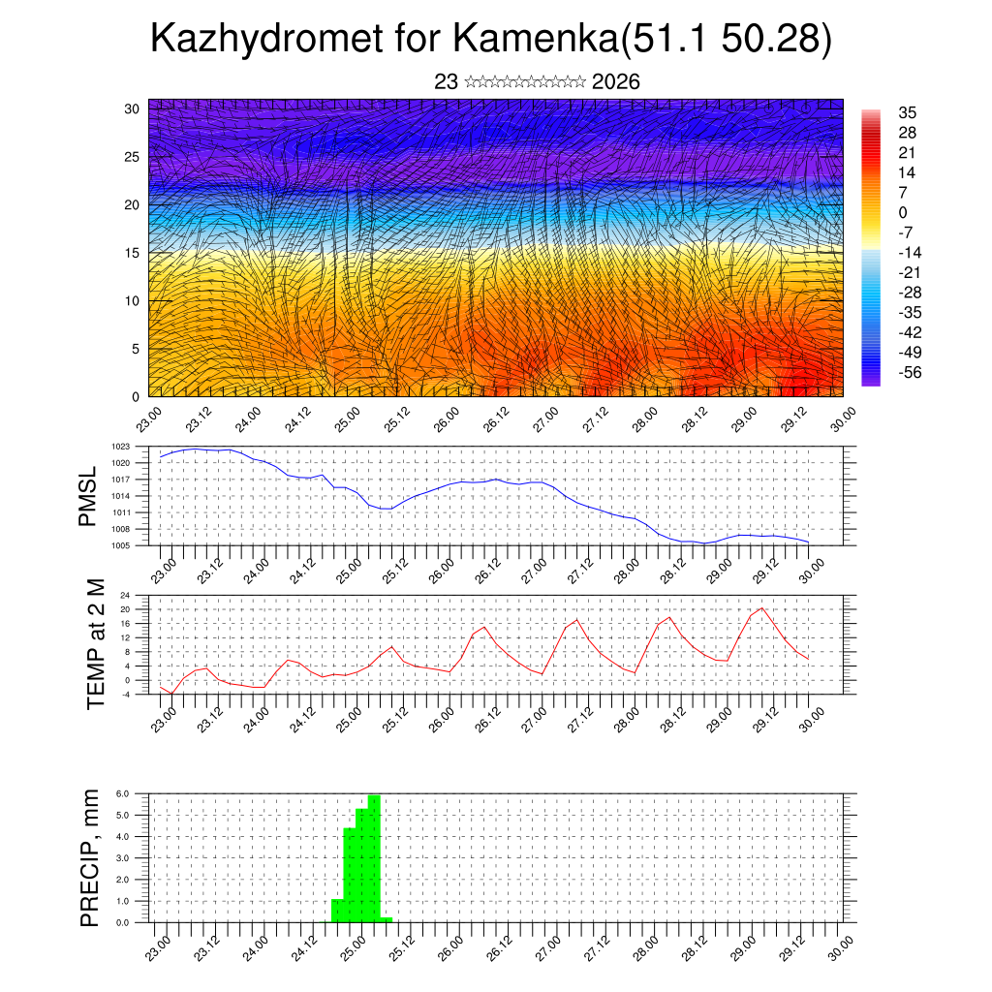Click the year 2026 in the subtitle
pyautogui.click(x=615, y=82)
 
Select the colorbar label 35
pyautogui.click(x=908, y=112)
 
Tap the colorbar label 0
pyautogui.click(x=903, y=212)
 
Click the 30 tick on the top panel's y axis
pyautogui.click(x=132, y=108)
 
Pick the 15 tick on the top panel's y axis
pyautogui.click(x=132, y=253)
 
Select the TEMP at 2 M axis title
pyautogui.click(x=95, y=643)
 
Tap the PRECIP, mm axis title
pyautogui.click(x=90, y=858)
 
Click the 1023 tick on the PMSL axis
pyautogui.click(x=120, y=447)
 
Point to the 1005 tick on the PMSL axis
pyautogui.click(x=120, y=545)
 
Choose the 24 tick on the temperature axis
pyautogui.click(x=125, y=595)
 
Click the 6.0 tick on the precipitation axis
pyautogui.click(x=122, y=793)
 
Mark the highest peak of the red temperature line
pyautogui.click(x=761, y=608)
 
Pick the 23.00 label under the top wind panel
pyautogui.click(x=148, y=423)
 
